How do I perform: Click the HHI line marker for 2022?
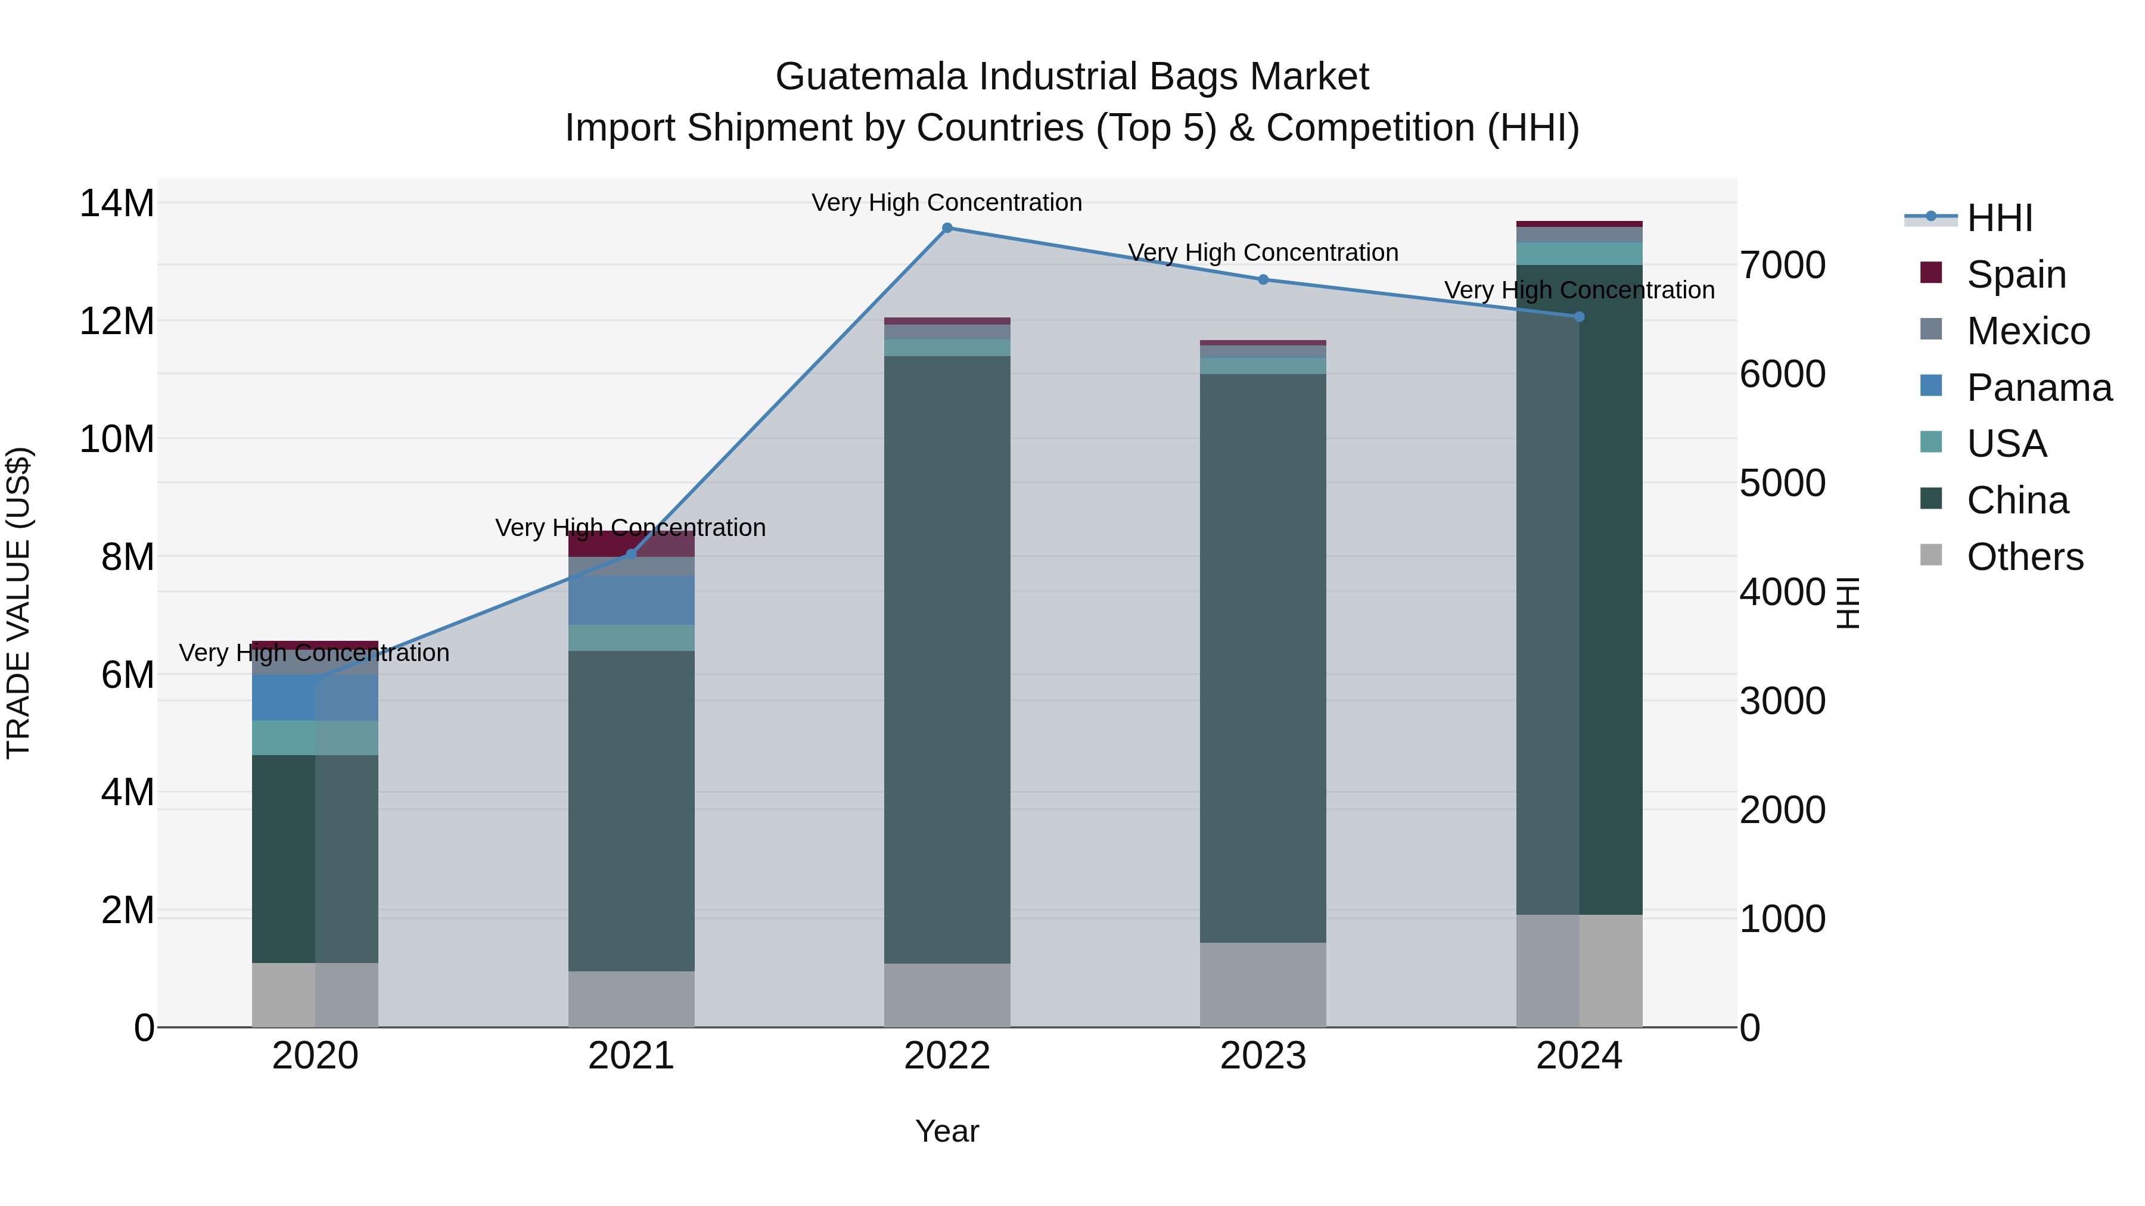947,228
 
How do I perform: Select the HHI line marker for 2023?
1263,280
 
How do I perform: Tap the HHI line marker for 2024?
1579,317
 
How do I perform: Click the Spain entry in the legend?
2015,275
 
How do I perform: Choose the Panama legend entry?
2038,388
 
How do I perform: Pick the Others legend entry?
2023,557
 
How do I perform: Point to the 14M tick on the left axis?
117,204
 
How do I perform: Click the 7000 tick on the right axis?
1782,266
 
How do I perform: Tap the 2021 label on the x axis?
631,1056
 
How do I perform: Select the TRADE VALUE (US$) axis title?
18,603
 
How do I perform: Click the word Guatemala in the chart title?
871,77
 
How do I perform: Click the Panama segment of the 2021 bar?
631,600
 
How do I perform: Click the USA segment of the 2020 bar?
315,738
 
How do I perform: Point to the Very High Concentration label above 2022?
947,203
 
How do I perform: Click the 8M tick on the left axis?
126,557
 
